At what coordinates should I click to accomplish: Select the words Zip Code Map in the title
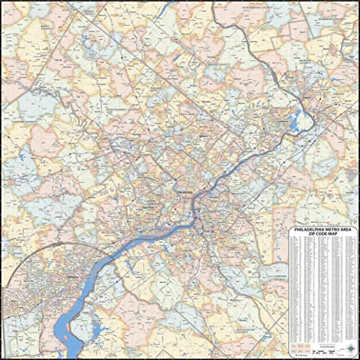(319, 235)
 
